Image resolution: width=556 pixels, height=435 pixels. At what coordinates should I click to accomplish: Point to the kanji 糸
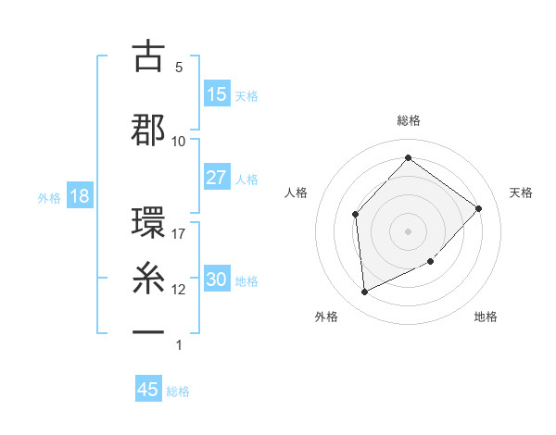coord(148,277)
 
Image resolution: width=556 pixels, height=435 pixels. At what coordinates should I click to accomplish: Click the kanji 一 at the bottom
coord(148,330)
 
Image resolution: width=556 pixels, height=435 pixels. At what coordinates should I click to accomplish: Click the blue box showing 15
coord(217,94)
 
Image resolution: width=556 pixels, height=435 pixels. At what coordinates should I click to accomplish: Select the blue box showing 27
coord(217,178)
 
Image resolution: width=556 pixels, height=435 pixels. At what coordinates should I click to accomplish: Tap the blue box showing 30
coord(217,280)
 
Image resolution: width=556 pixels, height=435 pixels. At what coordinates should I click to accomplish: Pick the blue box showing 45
coord(148,390)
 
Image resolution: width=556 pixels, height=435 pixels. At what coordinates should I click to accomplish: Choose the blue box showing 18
coord(79,196)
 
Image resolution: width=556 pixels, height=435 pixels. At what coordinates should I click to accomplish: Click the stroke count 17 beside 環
coord(179,234)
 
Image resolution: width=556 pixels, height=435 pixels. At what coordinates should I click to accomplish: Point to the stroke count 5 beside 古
coord(179,68)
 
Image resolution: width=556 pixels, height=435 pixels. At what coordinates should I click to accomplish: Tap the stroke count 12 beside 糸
coord(179,290)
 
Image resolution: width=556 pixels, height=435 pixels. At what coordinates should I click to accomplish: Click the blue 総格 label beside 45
coord(178,391)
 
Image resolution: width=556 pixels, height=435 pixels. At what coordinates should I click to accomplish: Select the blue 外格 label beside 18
coord(49,197)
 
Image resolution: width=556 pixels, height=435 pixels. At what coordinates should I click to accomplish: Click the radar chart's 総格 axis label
coord(409,120)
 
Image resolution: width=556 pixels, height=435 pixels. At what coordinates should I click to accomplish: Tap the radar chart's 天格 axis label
coord(521,193)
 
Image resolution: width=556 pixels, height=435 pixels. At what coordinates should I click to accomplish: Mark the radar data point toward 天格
coord(478,208)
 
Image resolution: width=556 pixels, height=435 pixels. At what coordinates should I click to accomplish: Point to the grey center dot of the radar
coord(408,230)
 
